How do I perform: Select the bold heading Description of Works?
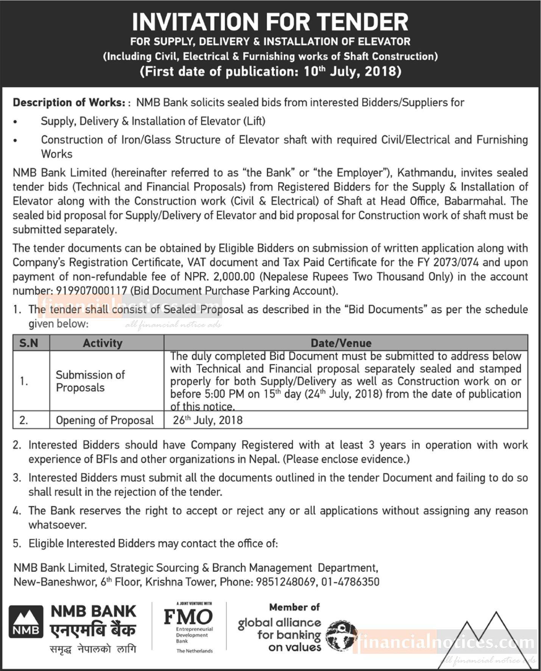click(69, 103)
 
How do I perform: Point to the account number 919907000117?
click(92, 291)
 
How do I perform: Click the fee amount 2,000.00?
click(234, 277)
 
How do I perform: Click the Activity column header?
click(103, 343)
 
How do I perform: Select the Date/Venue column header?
click(341, 343)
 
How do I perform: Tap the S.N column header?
click(29, 343)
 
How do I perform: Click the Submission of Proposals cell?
click(90, 381)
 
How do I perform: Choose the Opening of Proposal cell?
click(104, 420)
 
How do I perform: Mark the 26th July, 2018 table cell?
click(207, 420)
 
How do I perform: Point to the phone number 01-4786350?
click(350, 582)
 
